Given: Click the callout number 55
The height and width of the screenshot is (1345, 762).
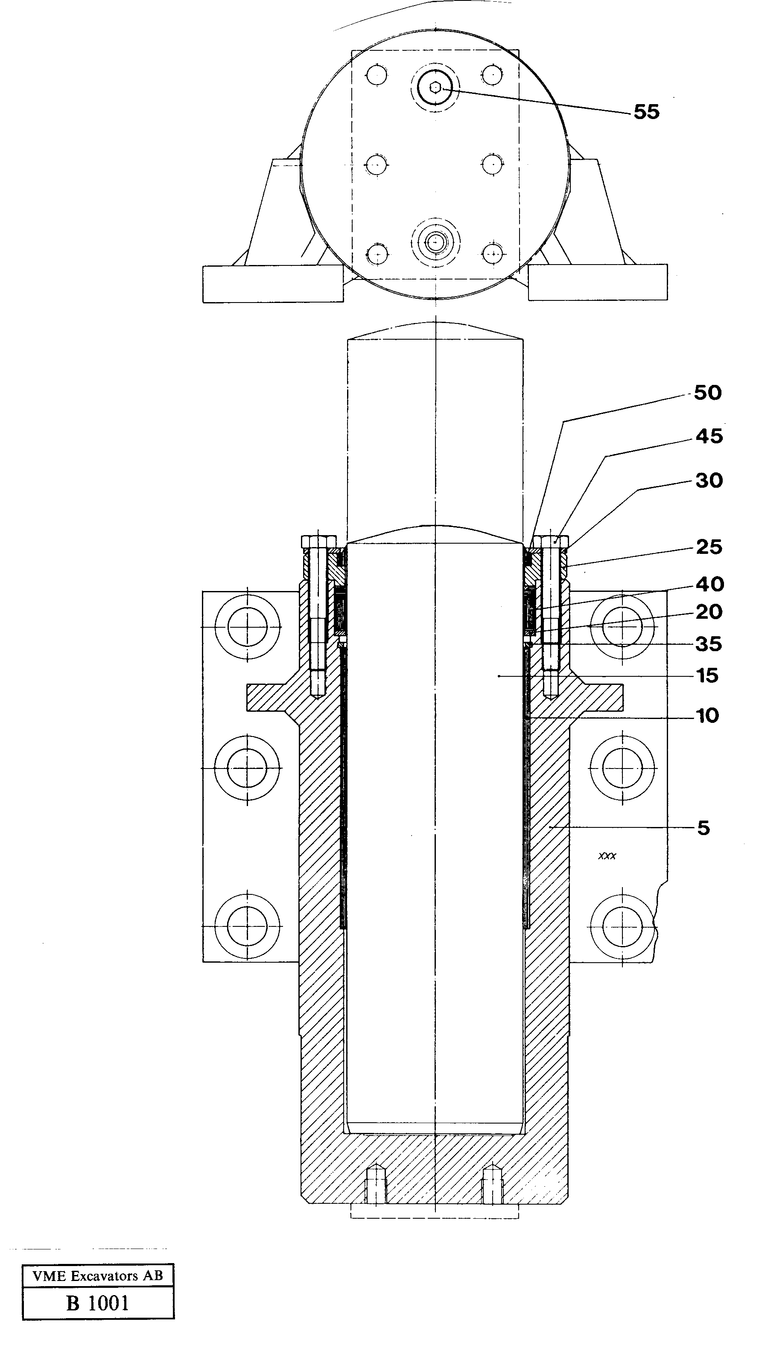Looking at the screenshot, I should point(646,111).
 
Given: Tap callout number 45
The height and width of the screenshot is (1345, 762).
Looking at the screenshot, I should point(709,436).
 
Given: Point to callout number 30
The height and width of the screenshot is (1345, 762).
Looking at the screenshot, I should point(709,480).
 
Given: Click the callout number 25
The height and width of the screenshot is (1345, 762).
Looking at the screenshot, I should point(709,547).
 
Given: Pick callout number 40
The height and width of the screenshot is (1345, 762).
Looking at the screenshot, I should point(709,584).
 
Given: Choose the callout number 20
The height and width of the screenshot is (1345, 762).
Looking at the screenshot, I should point(709,611).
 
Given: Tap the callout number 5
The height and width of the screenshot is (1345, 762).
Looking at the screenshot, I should point(704,828).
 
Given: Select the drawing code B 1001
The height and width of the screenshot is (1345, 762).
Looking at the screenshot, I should point(98,1303).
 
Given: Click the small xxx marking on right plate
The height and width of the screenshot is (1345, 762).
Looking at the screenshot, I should point(607,856).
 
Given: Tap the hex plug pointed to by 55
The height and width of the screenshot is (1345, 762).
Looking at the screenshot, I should point(435,88).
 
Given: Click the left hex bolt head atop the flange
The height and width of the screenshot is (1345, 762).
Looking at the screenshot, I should point(319,541).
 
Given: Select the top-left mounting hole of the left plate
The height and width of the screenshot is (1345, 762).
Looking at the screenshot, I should point(247,626).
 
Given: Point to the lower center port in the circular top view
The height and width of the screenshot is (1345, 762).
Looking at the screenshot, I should point(435,242).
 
